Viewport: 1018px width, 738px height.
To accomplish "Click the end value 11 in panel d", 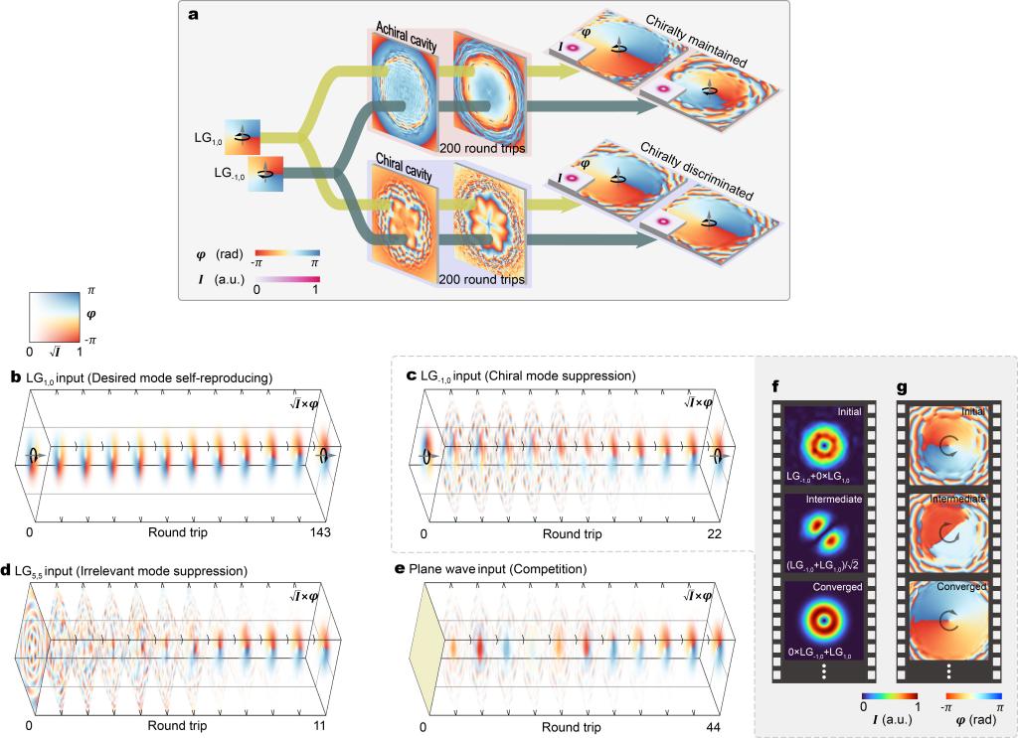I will [x=331, y=726].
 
